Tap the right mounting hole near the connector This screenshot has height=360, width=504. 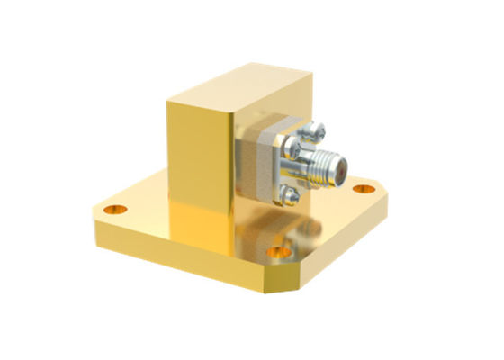click(363, 189)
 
